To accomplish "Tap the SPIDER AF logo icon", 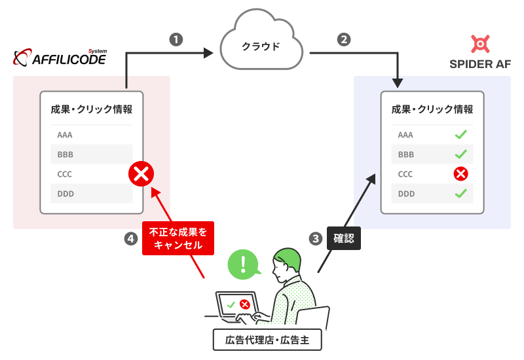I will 480,44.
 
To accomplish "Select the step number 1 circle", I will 176,39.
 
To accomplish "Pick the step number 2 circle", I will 343,39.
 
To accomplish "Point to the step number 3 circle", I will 316,239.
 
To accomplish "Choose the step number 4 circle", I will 130,239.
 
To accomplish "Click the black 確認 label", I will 343,239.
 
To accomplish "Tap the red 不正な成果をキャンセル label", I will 178,238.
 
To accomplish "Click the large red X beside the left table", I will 141,174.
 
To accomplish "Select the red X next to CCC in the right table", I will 461,174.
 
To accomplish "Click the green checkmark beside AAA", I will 461,135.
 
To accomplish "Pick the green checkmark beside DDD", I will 461,194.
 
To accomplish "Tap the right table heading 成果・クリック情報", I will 432,109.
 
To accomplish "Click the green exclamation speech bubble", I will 244,264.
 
